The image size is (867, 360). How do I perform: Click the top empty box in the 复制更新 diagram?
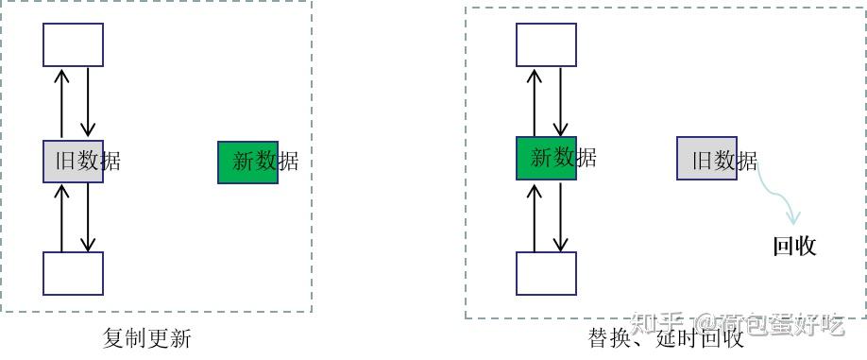tap(73, 44)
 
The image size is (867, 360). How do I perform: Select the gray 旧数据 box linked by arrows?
tap(73, 162)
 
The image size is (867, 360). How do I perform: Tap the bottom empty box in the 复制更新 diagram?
tap(73, 273)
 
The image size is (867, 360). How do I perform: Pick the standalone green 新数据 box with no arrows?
tap(247, 162)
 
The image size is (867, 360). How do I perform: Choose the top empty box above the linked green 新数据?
tap(546, 44)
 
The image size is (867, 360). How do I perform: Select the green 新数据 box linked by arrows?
tap(546, 158)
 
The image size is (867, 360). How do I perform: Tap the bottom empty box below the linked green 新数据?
tap(546, 273)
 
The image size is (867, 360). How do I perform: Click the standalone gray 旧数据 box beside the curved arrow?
tap(706, 158)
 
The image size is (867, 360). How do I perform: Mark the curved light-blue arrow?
tap(778, 194)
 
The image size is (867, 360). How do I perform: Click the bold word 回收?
tap(794, 247)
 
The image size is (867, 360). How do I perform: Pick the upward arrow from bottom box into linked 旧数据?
tap(61, 217)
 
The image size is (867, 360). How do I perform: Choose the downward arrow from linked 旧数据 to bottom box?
tap(87, 217)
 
